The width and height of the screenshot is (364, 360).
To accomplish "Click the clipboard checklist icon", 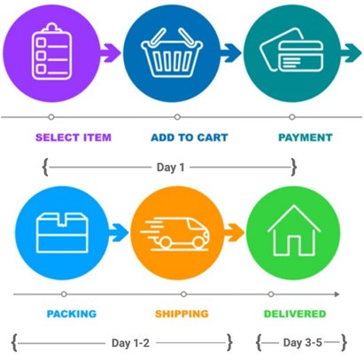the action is pyautogui.click(x=51, y=51).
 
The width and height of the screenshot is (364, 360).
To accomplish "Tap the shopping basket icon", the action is pyautogui.click(x=172, y=52).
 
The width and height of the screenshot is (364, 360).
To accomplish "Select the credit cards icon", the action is pyautogui.click(x=291, y=51).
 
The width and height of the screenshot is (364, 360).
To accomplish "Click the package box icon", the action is pyautogui.click(x=62, y=232).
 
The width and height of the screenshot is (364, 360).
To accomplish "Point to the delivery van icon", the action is pyautogui.click(x=174, y=234).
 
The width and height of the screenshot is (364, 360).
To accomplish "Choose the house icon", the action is pyautogui.click(x=294, y=231).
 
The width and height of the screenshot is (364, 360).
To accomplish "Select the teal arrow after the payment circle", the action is pyautogui.click(x=351, y=53).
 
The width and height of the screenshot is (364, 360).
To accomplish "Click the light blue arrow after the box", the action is pyautogui.click(x=119, y=233).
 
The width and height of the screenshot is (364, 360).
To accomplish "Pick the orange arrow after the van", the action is pyautogui.click(x=234, y=233).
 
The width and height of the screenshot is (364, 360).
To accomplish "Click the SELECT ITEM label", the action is pyautogui.click(x=74, y=137).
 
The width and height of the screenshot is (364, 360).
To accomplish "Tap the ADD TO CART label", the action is pyautogui.click(x=190, y=137).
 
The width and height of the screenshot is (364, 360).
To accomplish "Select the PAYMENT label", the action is pyautogui.click(x=306, y=137).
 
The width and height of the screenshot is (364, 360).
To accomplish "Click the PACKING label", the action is pyautogui.click(x=72, y=314).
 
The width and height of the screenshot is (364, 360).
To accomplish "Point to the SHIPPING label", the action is pyautogui.click(x=182, y=314).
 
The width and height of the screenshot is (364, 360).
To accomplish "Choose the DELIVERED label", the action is pyautogui.click(x=295, y=314).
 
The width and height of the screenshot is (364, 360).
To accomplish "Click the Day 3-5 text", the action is pyautogui.click(x=302, y=342).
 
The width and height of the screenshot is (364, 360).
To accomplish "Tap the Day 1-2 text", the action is pyautogui.click(x=130, y=343).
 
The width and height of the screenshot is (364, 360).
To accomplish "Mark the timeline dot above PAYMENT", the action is pyautogui.click(x=292, y=117).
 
